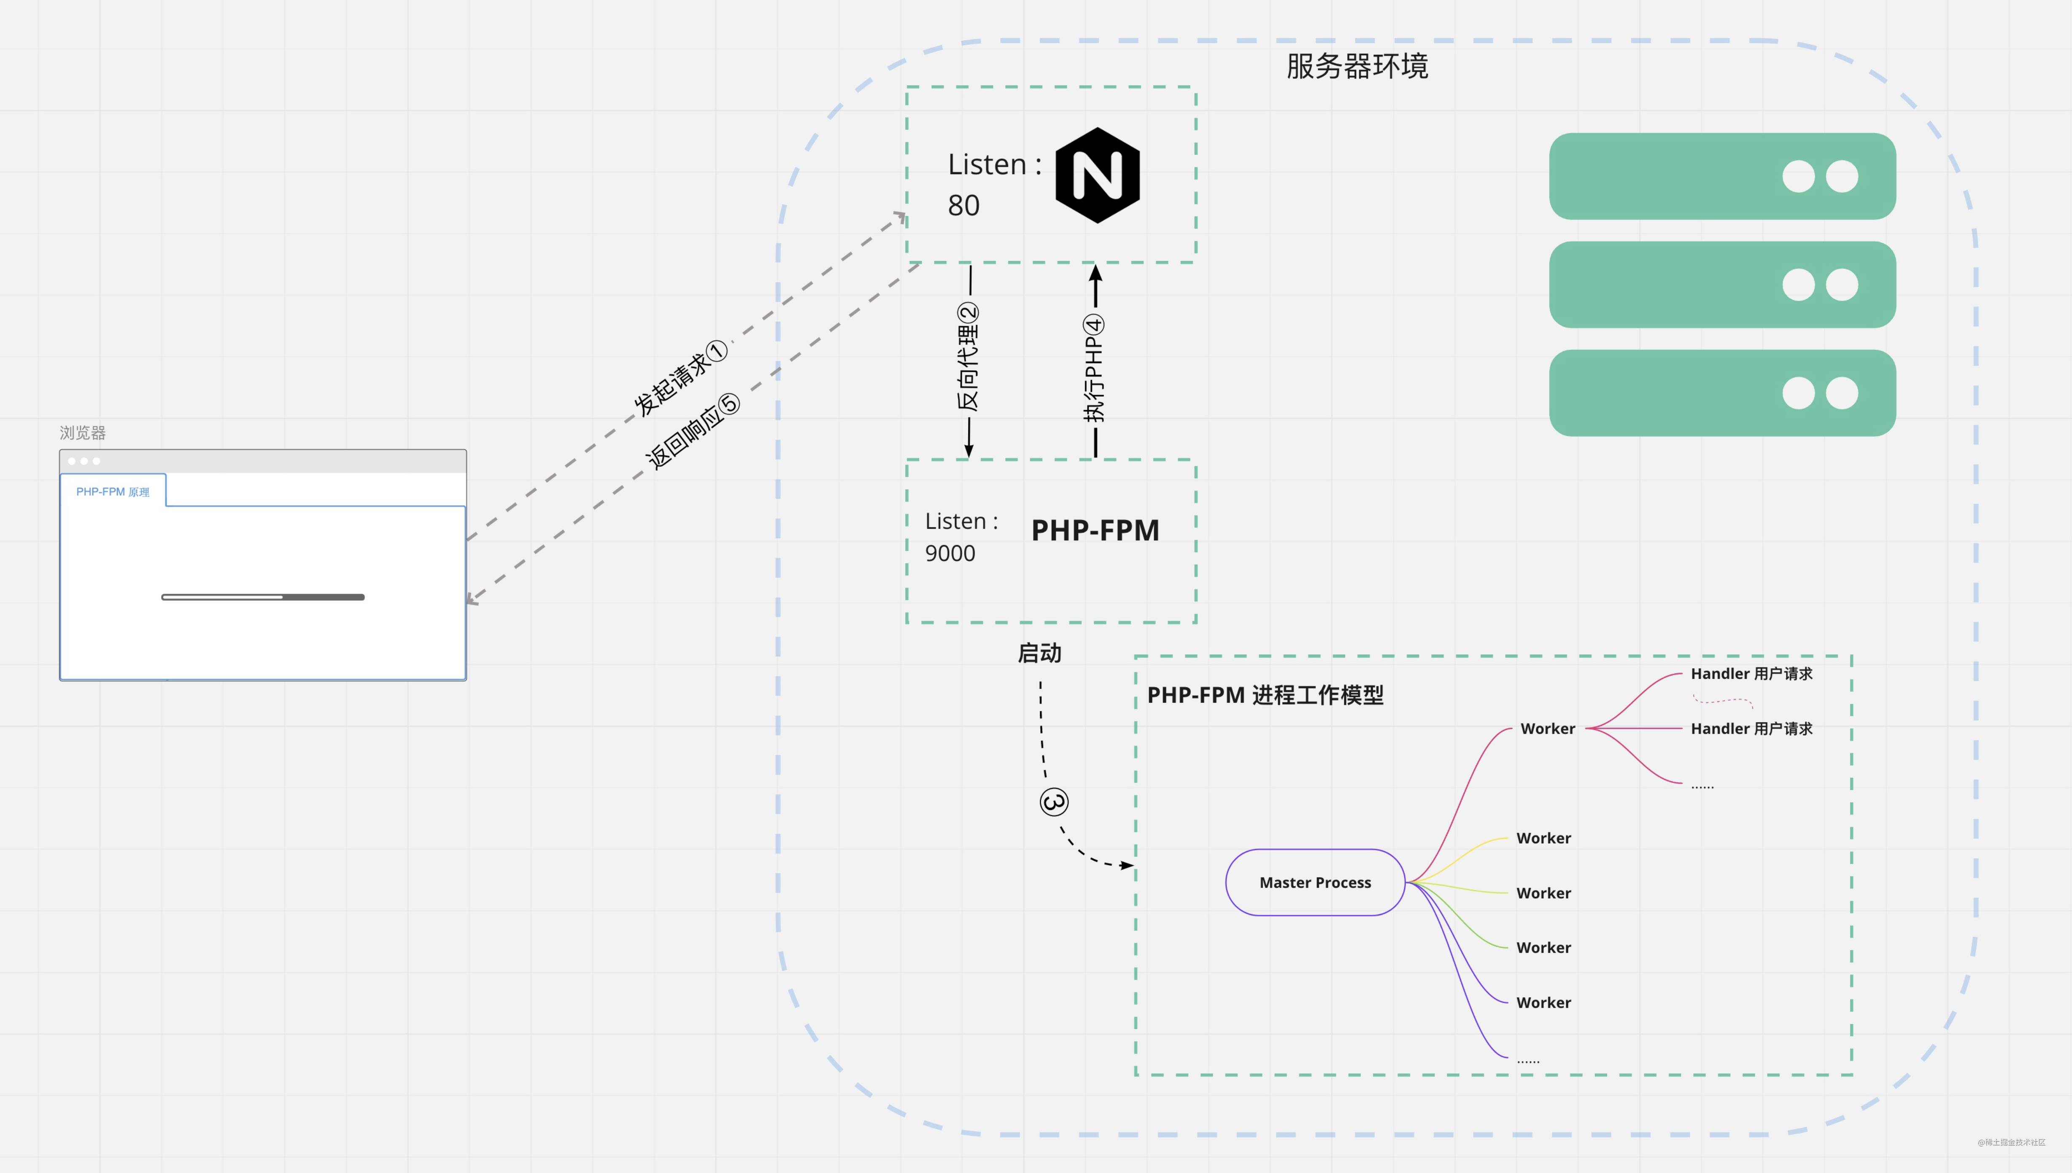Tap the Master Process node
[x=1315, y=882]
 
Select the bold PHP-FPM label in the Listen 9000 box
[x=1095, y=530]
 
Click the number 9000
[x=950, y=554]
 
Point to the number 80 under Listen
[x=964, y=205]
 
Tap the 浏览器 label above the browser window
[x=83, y=433]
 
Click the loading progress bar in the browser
[x=263, y=597]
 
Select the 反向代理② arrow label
[x=968, y=357]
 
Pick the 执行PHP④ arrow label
[x=1094, y=368]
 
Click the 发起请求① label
[x=680, y=378]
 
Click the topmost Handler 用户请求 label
[x=1751, y=673]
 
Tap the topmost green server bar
[x=1722, y=176]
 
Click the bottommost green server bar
[x=1722, y=393]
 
